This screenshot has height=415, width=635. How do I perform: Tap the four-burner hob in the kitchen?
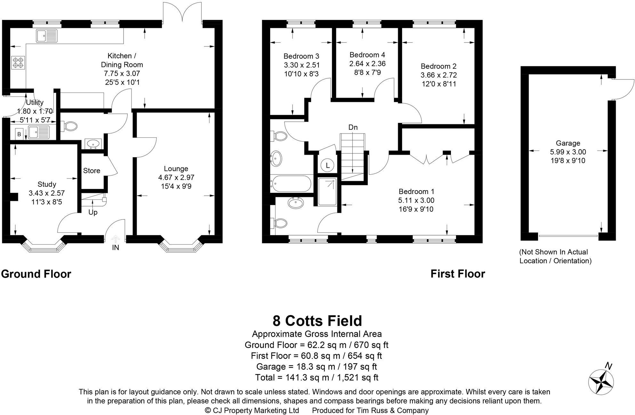pos(18,62)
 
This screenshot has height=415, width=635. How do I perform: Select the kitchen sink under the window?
pos(47,36)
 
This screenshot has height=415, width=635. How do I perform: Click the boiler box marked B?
pos(19,134)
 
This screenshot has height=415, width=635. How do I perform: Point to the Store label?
pos(92,171)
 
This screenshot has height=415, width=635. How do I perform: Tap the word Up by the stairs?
pos(93,212)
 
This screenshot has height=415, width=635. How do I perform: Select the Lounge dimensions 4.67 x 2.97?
pos(176,177)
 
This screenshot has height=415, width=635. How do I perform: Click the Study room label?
pos(47,184)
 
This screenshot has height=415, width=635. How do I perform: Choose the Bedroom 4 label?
pos(367,55)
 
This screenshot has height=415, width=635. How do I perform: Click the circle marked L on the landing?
pos(327,166)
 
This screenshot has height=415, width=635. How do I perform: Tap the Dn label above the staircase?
pos(353,127)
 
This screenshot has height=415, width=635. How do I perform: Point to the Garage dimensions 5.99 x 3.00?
pos(568,152)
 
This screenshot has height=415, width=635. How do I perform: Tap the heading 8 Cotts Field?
pos(317,321)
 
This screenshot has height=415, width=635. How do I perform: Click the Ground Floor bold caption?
pos(36,274)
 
